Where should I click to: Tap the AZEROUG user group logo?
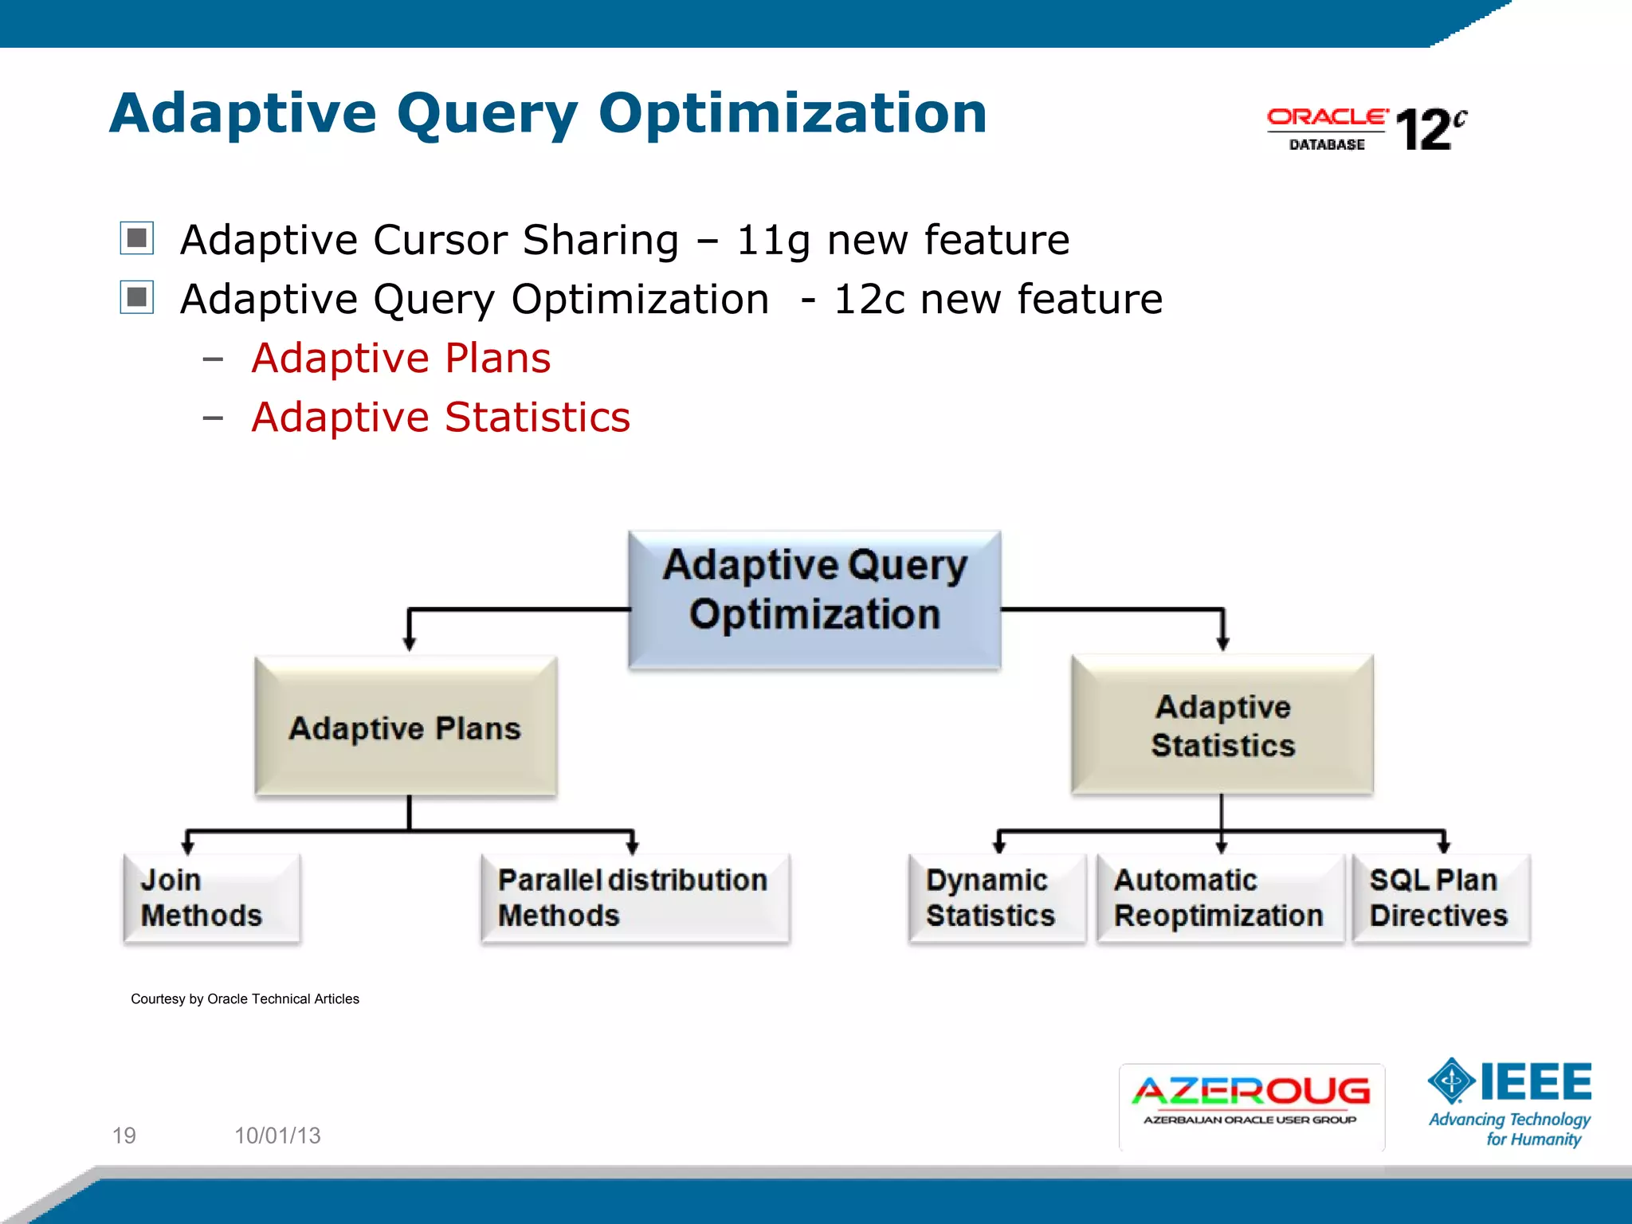pos(1251,1106)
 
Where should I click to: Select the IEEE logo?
pos(1510,1103)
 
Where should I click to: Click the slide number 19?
pos(124,1135)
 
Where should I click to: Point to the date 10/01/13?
pos(277,1135)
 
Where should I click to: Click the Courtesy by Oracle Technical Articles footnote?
pos(245,998)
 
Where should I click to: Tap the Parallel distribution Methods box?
pos(635,898)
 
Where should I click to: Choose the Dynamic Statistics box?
pos(996,898)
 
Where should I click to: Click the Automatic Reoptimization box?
pos(1219,898)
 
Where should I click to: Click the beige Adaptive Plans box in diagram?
pos(406,727)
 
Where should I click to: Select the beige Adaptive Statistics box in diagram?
pos(1222,725)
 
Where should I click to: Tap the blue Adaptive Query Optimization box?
pos(814,599)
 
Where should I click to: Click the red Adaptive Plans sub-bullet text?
pos(401,358)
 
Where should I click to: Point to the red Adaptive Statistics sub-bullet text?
pos(441,417)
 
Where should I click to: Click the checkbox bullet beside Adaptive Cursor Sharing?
pos(137,238)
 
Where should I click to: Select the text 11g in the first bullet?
pos(772,240)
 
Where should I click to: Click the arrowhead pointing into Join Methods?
pos(188,847)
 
